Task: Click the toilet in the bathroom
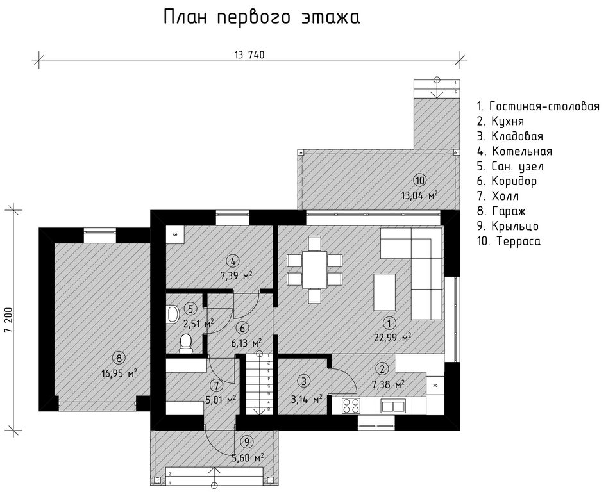[185, 343]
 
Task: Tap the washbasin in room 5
[173, 314]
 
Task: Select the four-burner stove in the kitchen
[351, 406]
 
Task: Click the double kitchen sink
[392, 406]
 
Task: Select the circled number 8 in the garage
[119, 357]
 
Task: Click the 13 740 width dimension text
[249, 54]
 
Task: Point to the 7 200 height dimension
[9, 320]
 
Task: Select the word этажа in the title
[331, 18]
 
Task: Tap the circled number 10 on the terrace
[419, 181]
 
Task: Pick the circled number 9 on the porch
[246, 443]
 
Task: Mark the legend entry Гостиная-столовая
[538, 106]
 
